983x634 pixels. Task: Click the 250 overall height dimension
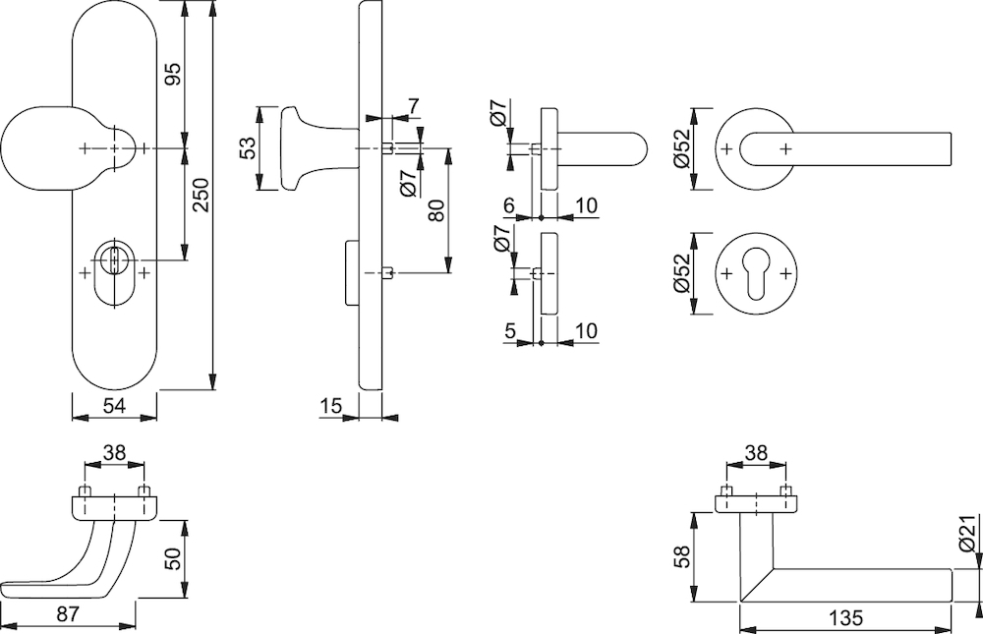[x=202, y=195]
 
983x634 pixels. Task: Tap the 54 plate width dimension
[x=114, y=406]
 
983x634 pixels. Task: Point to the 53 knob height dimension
[x=249, y=148]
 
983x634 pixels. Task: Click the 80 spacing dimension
[x=436, y=210]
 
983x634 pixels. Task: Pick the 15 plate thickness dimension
[x=331, y=406]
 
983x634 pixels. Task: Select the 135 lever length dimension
[x=846, y=617]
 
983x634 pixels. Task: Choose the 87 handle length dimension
[x=68, y=613]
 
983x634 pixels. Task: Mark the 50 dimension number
[x=173, y=558]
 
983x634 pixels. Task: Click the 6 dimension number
[x=509, y=205]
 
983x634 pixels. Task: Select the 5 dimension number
[x=509, y=330]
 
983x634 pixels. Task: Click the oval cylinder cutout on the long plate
[x=114, y=273]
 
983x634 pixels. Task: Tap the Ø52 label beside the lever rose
[x=681, y=148]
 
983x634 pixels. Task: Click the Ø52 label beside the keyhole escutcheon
[x=681, y=274]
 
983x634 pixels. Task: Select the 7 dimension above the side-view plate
[x=414, y=106]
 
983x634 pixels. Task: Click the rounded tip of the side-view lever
[x=646, y=149]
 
